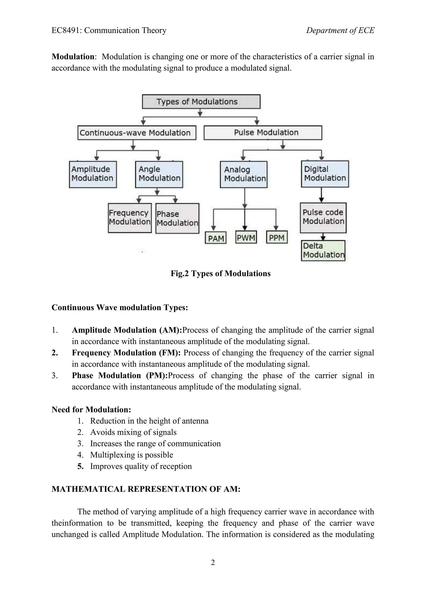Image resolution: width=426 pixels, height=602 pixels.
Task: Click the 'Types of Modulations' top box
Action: pos(201,102)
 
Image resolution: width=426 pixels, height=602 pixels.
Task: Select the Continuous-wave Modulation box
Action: pos(137,133)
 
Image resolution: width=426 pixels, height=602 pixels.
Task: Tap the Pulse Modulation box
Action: pos(263,133)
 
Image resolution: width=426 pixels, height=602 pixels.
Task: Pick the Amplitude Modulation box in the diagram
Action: pos(93,174)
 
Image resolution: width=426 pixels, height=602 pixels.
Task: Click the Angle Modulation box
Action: pos(159,174)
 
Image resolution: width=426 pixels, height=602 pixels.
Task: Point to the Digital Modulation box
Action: pos(325,174)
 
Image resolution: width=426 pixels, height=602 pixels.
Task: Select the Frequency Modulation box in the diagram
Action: pos(130,218)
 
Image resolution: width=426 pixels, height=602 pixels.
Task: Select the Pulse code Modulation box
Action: pos(323,218)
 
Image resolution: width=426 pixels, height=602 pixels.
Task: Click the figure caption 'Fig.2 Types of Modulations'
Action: pos(220,274)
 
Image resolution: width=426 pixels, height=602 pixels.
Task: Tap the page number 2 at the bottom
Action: pos(213,563)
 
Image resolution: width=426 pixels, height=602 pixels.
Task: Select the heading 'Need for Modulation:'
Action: pos(91,410)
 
